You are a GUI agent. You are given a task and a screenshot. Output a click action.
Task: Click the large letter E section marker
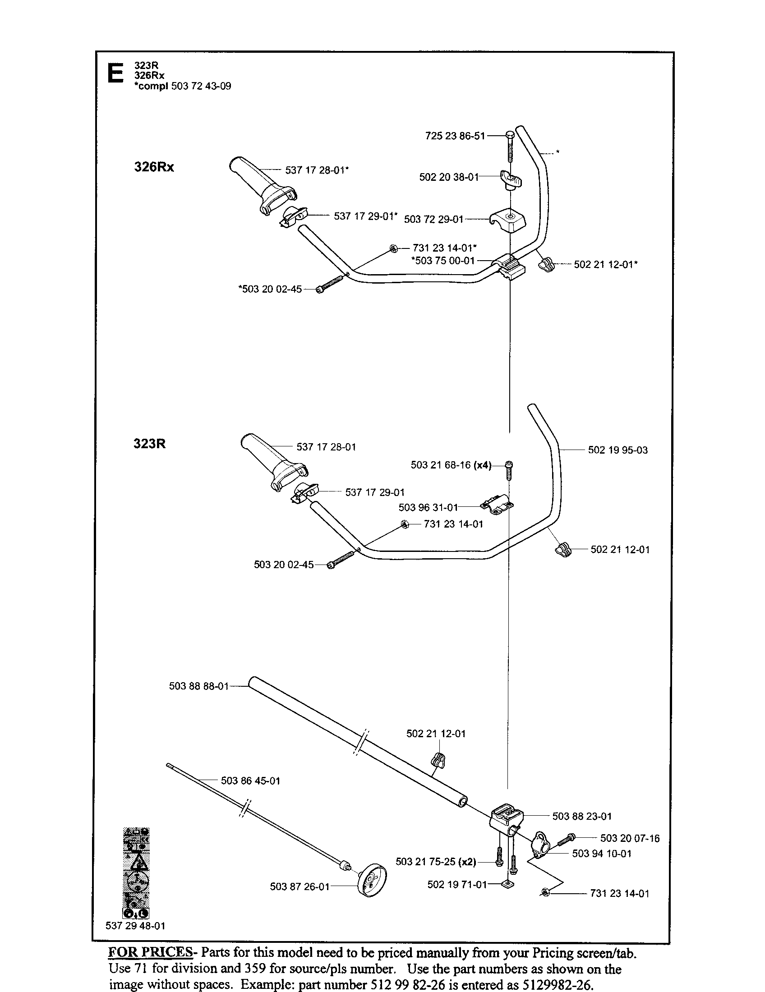[115, 73]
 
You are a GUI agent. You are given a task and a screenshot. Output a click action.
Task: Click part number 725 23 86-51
[455, 136]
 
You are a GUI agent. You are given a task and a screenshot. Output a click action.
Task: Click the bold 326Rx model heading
[154, 167]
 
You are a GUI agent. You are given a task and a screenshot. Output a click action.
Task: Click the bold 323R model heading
[149, 443]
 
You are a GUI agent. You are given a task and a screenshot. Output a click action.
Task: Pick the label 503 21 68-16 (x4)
[451, 465]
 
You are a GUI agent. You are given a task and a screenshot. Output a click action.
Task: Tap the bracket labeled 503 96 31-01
[497, 505]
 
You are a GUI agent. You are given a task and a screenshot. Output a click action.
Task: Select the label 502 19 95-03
[618, 450]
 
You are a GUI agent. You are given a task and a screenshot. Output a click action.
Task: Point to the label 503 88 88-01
[198, 686]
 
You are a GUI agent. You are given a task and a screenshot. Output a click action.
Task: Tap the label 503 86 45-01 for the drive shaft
[250, 781]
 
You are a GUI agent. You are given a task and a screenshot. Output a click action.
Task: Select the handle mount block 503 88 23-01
[507, 819]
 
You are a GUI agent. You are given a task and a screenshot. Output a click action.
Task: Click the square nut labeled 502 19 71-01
[507, 884]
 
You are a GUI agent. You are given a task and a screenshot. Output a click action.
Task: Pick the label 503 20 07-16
[630, 838]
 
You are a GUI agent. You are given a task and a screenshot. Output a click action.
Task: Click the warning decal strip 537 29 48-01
[136, 873]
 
